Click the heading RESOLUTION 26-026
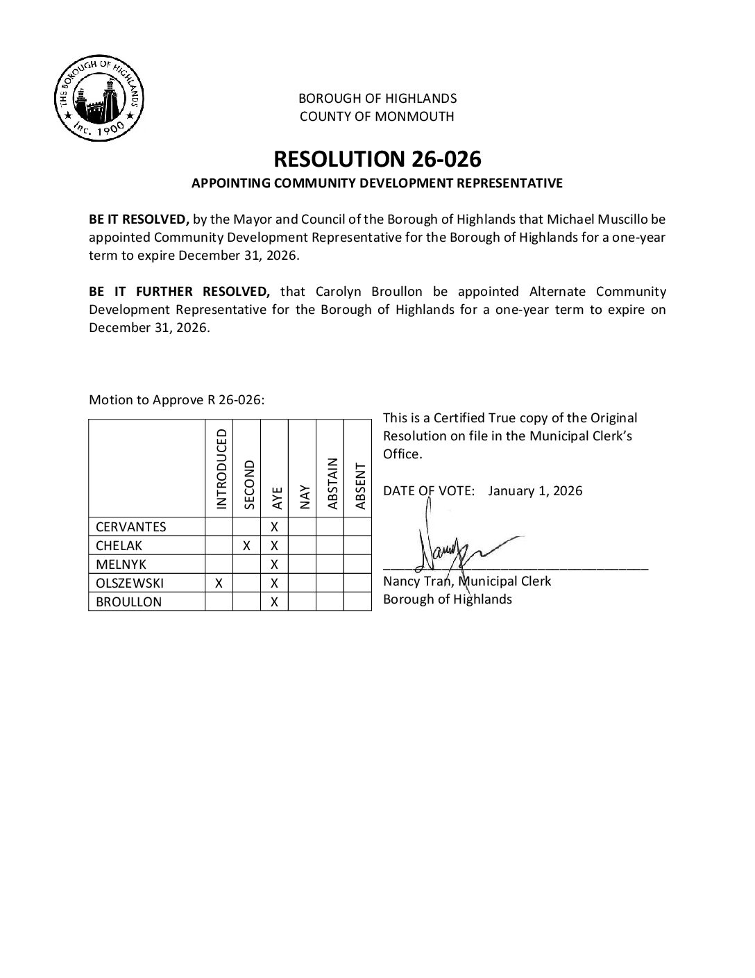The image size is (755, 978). coord(377,159)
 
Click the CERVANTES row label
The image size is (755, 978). coord(131,527)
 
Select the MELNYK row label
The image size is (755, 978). coord(121,564)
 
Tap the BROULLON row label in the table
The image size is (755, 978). coord(128,602)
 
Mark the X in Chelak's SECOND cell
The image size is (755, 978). coord(246,546)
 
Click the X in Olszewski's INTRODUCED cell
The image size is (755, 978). coord(219,583)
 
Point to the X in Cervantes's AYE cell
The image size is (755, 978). coord(274,527)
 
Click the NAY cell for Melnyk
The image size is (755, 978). coord(302,564)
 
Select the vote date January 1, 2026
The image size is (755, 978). coord(535,490)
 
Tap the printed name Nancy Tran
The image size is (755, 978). coord(416,581)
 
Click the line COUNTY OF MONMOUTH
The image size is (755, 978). coord(377,117)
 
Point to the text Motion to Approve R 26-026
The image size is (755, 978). coord(177,400)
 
